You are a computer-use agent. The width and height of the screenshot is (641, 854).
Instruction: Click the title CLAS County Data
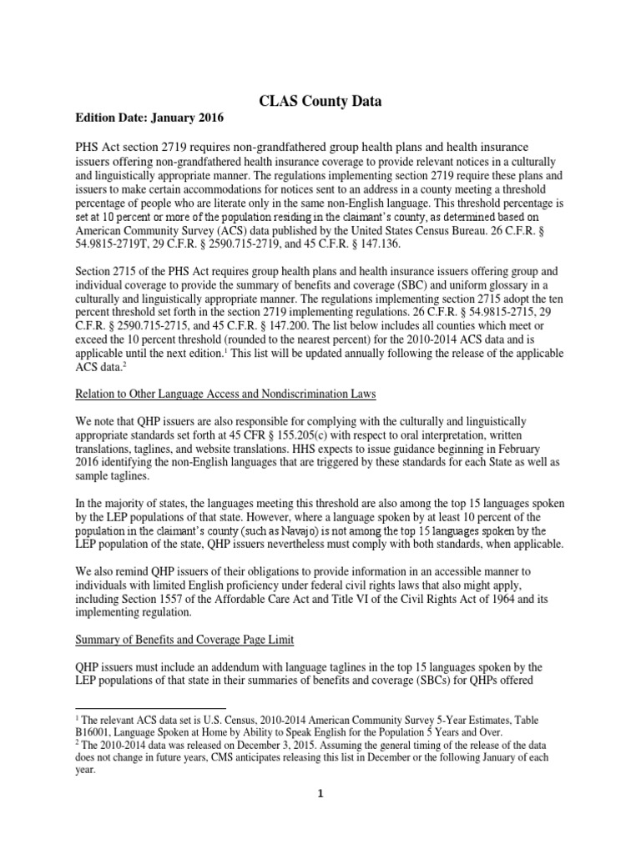(x=320, y=102)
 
